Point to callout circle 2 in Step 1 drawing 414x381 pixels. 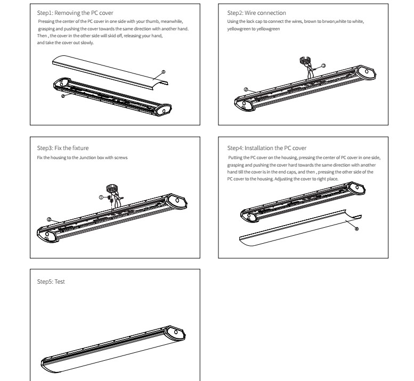63,96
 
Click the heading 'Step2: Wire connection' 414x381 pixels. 256,12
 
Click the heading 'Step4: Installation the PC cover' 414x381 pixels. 267,147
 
